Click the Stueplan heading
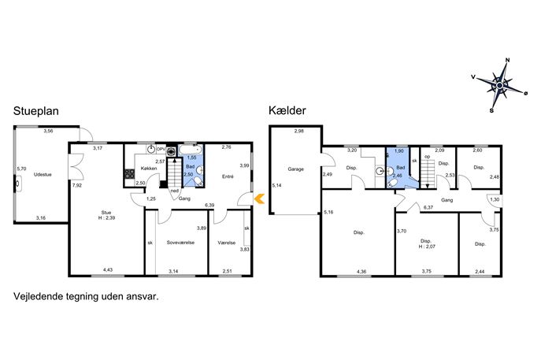point(36,111)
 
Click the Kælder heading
point(287,110)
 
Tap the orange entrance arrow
point(259,199)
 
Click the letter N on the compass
point(508,60)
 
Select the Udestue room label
point(43,175)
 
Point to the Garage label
point(295,169)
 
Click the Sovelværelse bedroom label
point(180,243)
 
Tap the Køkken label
point(149,169)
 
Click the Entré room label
point(228,176)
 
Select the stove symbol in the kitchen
point(129,173)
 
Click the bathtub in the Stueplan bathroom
point(191,150)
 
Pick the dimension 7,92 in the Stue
point(77,185)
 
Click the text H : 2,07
point(426,247)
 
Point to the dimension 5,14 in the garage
point(276,185)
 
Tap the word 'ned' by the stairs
point(175,191)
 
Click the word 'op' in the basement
point(428,157)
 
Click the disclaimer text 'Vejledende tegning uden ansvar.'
point(86,296)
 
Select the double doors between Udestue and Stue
point(76,166)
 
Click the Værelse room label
point(227,243)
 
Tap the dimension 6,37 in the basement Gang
point(428,207)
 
